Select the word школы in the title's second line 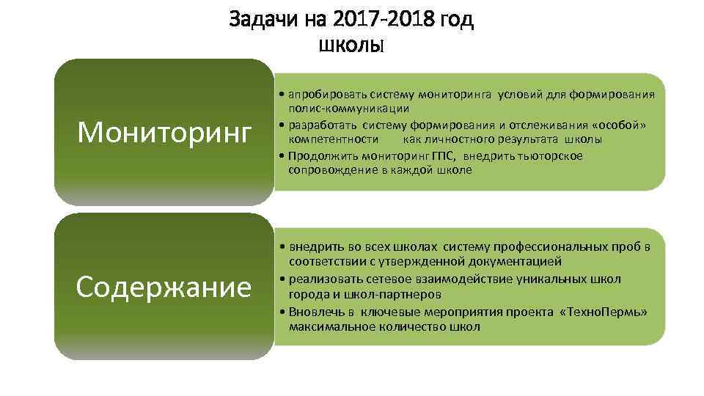[351, 45]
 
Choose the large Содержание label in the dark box [164, 286]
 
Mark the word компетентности [334, 139]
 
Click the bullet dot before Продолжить [283, 155]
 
